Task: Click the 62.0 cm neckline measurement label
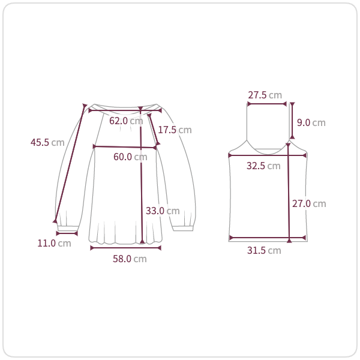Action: [126, 121]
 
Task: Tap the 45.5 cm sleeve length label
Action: [47, 142]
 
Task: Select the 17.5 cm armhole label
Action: [175, 130]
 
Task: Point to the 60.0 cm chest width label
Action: [130, 157]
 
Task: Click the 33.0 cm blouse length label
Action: [163, 211]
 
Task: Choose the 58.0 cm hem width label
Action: [130, 259]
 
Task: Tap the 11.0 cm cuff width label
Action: [54, 244]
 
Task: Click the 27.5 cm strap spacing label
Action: [265, 95]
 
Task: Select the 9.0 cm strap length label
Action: [311, 122]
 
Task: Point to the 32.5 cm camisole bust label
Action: [263, 166]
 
